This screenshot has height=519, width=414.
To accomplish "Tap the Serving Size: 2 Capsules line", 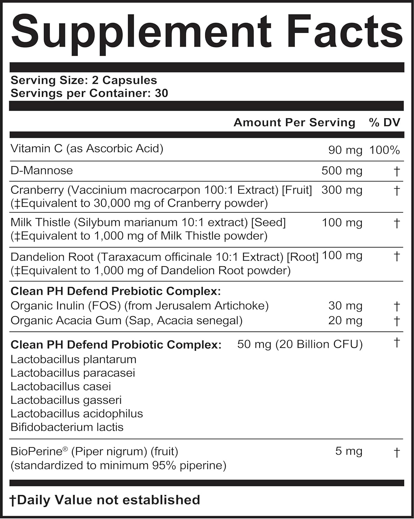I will tap(84, 80).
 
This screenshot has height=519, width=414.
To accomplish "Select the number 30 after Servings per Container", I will tap(161, 93).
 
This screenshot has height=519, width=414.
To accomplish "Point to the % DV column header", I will tap(385, 122).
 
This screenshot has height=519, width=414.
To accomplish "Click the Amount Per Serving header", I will tap(294, 122).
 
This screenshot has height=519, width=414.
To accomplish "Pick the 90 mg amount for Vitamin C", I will tap(345, 150).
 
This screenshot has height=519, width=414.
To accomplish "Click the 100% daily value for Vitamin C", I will tap(385, 150).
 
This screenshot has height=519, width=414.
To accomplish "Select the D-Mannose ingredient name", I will tap(42, 171).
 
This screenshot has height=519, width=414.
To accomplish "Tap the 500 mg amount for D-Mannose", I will tap(342, 171).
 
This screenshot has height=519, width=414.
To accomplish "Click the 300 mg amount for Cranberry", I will tap(342, 190).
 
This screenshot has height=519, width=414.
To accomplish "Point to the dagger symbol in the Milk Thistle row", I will tap(397, 223).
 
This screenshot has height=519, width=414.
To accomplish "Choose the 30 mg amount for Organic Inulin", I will tap(345, 306).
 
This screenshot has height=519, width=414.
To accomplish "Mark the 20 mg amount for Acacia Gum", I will tap(345, 321).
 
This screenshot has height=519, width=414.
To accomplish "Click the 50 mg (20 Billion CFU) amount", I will tap(300, 344).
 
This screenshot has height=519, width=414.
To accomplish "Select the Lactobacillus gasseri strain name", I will tap(66, 400).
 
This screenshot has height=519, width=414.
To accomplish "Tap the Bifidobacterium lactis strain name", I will tap(67, 427).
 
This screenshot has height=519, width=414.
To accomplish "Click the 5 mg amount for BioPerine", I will tap(349, 451).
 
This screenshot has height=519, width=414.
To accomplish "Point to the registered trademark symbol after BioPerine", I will tap(65, 449).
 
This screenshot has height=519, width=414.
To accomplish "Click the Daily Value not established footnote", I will tap(105, 500).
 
